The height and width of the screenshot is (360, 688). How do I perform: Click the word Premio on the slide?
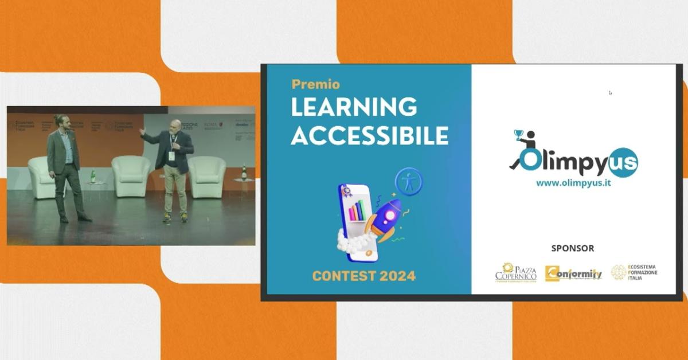315,84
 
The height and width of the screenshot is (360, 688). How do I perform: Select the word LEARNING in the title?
354,107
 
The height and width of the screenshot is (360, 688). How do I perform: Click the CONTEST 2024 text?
363,276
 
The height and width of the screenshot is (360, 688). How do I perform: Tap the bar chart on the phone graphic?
357,210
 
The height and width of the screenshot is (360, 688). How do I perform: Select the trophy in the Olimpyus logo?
519,135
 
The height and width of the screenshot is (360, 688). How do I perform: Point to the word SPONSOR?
572,248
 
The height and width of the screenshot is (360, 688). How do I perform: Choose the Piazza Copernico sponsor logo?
516,273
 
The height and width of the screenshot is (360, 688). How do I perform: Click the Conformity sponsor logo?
573,273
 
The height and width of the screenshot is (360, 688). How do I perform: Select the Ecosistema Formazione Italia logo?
634,272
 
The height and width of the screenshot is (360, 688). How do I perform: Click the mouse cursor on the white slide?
610,92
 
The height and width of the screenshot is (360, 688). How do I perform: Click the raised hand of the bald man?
142,131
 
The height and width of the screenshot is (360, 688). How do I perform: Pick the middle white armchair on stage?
131,175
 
